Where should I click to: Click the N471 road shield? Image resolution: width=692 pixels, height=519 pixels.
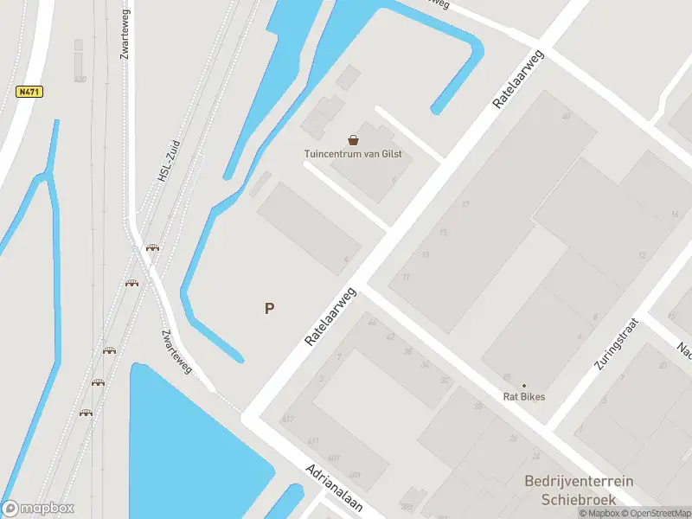pos(29,91)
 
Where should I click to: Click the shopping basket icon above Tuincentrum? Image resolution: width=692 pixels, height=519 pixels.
pos(353,139)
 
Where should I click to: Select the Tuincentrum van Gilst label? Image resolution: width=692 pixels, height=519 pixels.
pos(353,155)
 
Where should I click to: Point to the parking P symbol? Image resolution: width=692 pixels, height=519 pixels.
pos(270,308)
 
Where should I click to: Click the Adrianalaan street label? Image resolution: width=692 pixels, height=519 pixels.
pos(333,487)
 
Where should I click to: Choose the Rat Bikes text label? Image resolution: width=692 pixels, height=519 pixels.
pos(524,397)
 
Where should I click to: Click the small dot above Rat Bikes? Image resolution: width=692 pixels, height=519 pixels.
pos(523,386)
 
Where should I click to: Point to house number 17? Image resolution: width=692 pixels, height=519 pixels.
pos(465,205)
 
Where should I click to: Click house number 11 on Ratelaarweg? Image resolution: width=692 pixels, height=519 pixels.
pos(405,277)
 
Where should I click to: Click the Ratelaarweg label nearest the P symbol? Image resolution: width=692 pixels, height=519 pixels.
pos(330,317)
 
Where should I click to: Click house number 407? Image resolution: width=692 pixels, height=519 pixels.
pos(333,458)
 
